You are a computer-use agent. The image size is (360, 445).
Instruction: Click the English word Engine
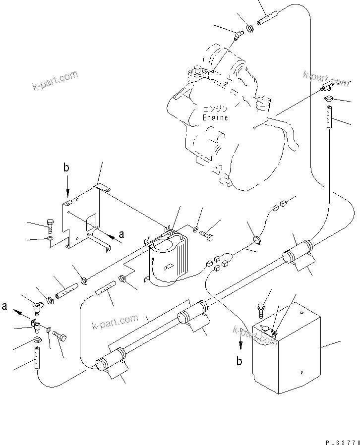[x=216, y=117]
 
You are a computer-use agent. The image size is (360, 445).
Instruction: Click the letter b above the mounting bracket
[x=66, y=168]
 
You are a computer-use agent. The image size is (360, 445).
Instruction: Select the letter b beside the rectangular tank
[x=240, y=361]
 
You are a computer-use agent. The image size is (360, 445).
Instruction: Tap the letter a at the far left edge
[x=4, y=307]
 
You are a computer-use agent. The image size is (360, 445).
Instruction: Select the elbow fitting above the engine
[x=239, y=36]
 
